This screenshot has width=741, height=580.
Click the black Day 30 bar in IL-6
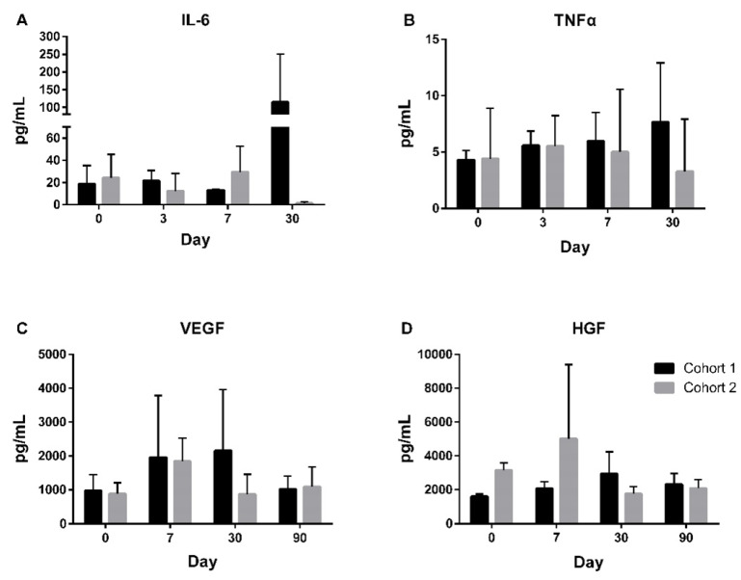280,154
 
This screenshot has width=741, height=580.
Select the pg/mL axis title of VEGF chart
18,438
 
